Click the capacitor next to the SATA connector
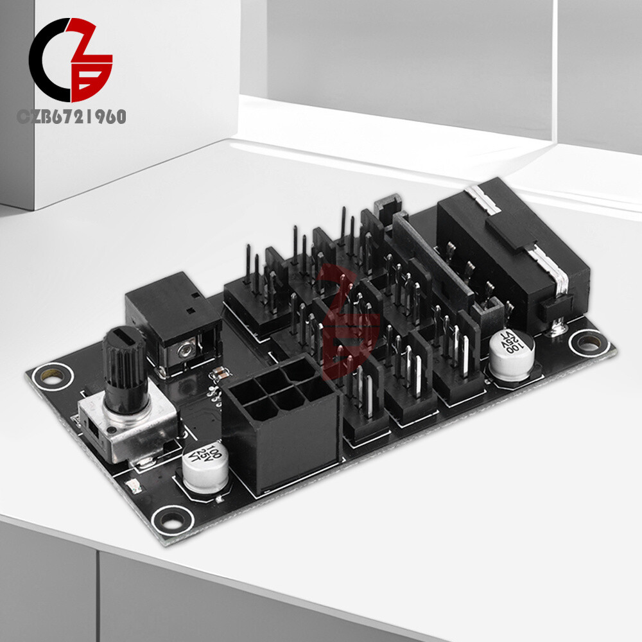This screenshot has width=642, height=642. coord(512,357)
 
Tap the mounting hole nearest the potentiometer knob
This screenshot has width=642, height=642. coord(47,374)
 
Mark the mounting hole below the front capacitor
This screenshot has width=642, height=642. coord(169,517)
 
